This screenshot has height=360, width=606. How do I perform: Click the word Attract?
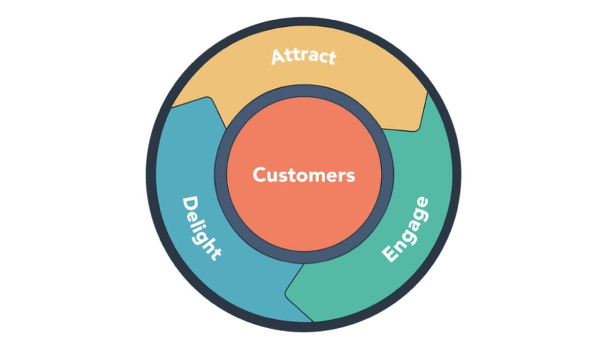point(304,56)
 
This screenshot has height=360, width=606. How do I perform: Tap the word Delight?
point(200,228)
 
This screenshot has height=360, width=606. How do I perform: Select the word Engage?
point(406,230)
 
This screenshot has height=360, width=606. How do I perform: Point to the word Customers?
point(304,175)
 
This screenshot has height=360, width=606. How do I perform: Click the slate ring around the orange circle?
point(304,91)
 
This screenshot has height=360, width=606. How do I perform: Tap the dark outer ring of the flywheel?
point(304,23)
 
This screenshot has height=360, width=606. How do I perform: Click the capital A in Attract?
point(278,57)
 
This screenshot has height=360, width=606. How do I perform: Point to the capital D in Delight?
point(189,204)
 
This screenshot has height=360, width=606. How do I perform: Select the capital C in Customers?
point(260,175)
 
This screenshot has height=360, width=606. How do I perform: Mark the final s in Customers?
point(350,176)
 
